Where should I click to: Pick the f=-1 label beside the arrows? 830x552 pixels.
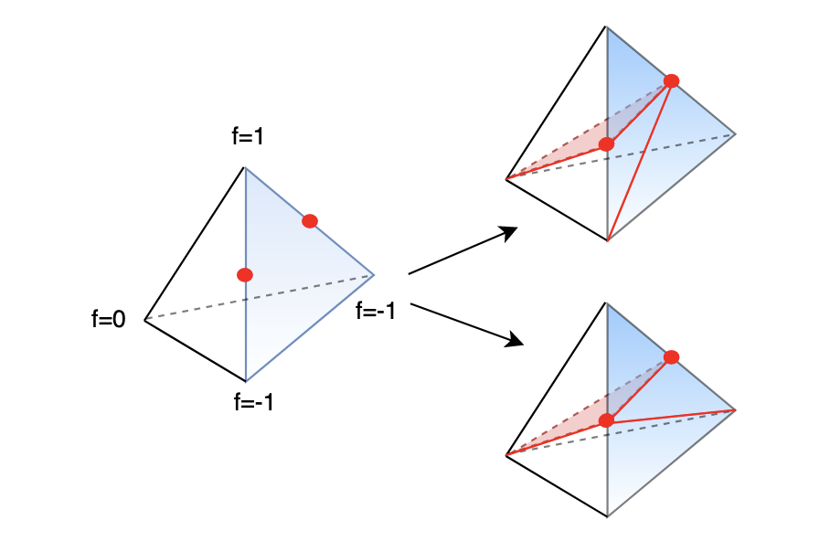pyautogui.click(x=376, y=311)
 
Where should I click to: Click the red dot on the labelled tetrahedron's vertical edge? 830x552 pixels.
pyautogui.click(x=244, y=274)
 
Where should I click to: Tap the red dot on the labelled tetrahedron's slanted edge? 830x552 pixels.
pyautogui.click(x=310, y=220)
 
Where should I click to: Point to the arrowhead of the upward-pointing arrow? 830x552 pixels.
pyautogui.click(x=512, y=231)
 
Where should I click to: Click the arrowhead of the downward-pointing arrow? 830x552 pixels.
pyautogui.click(x=517, y=342)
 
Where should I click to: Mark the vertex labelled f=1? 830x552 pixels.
pyautogui.click(x=244, y=167)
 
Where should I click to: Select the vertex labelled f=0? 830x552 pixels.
pyautogui.click(x=144, y=318)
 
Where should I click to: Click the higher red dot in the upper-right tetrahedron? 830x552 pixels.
pyautogui.click(x=672, y=80)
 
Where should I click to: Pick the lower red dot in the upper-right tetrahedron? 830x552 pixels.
pyautogui.click(x=606, y=143)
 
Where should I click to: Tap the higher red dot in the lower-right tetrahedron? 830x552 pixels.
pyautogui.click(x=672, y=356)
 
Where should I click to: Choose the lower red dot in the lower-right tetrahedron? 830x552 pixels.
pyautogui.click(x=606, y=419)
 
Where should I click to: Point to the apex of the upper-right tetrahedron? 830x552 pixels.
pyautogui.click(x=606, y=27)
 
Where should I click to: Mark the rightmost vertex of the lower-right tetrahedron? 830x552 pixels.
pyautogui.click(x=736, y=409)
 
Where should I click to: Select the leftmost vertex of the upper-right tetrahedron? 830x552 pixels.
pyautogui.click(x=505, y=178)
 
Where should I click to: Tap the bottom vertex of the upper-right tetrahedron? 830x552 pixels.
pyautogui.click(x=607, y=240)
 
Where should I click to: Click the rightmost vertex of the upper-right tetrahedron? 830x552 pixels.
pyautogui.click(x=736, y=133)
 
